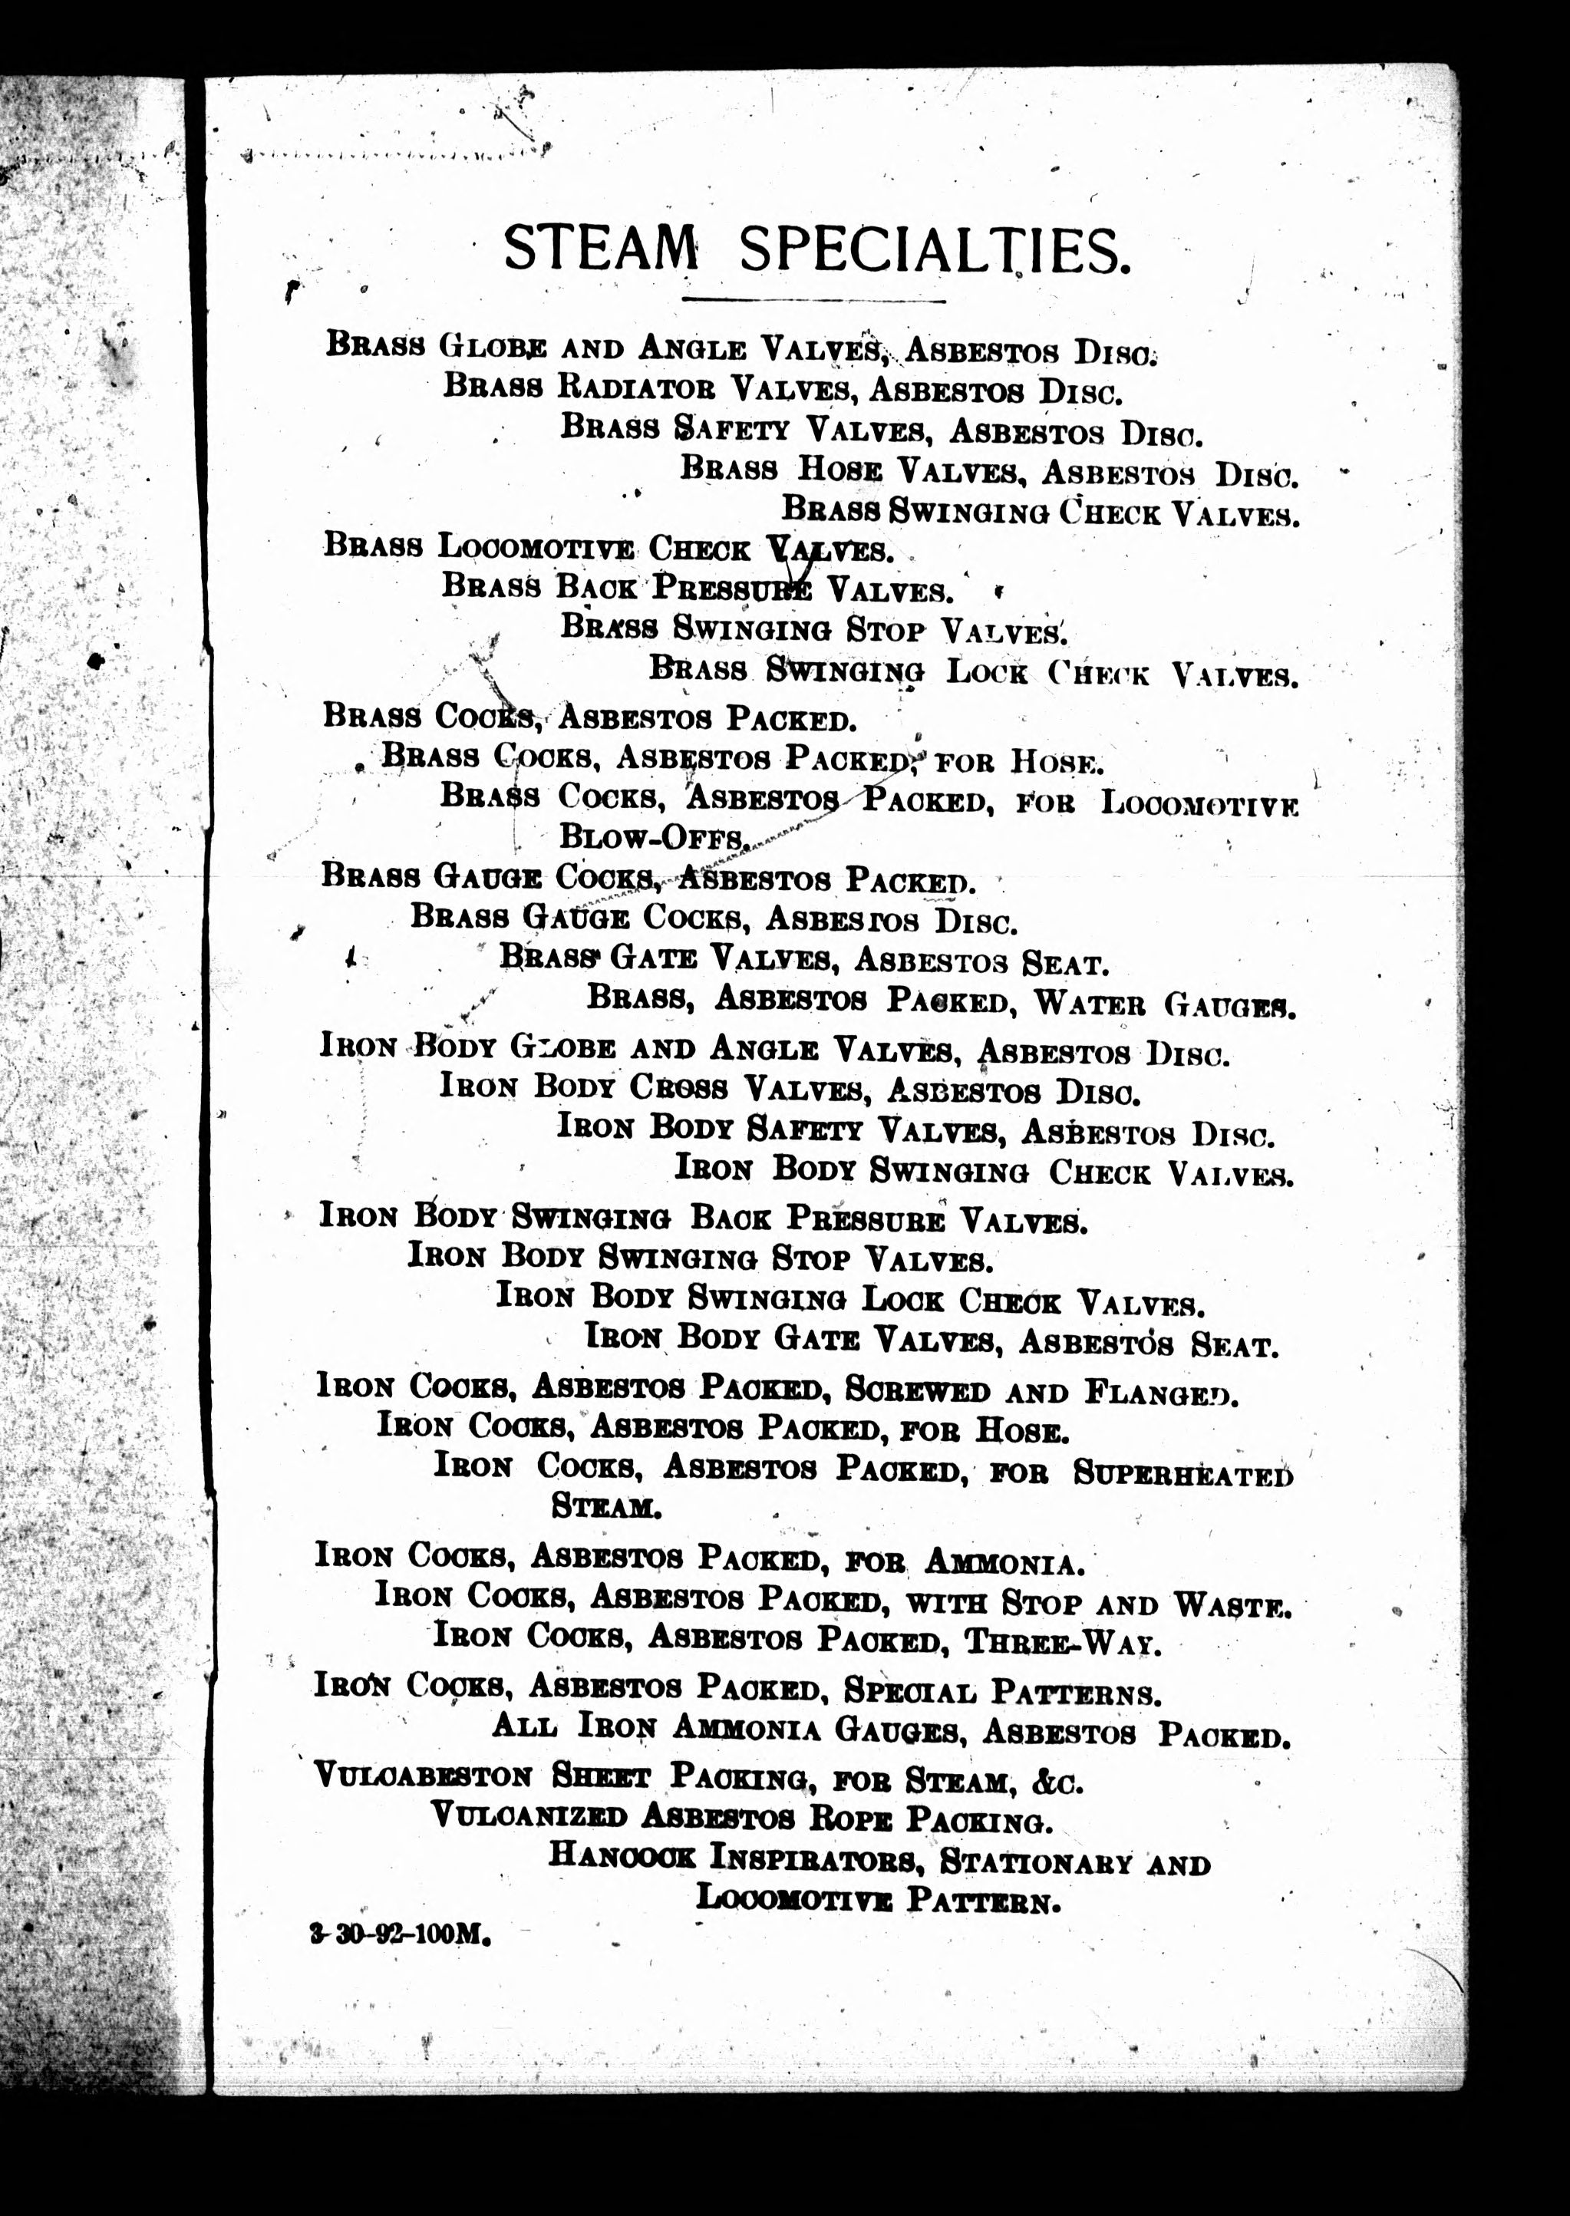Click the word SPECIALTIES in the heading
[x=933, y=251]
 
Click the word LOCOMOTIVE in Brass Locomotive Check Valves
[x=536, y=548]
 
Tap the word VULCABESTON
[x=424, y=1776]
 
